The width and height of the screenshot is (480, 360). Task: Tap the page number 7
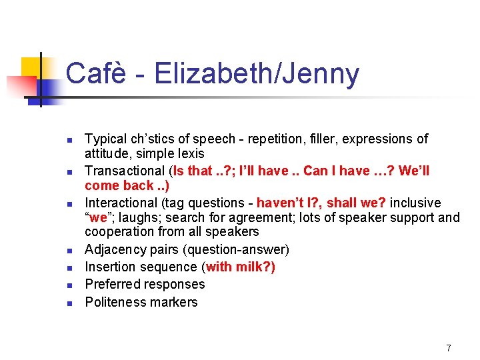pos(449,348)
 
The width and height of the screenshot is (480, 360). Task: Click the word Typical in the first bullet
pos(105,139)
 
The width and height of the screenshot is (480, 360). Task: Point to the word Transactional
pos(125,171)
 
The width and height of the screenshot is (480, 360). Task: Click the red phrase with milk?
pos(240,267)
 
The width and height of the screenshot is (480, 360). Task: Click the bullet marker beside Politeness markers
pos(69,303)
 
